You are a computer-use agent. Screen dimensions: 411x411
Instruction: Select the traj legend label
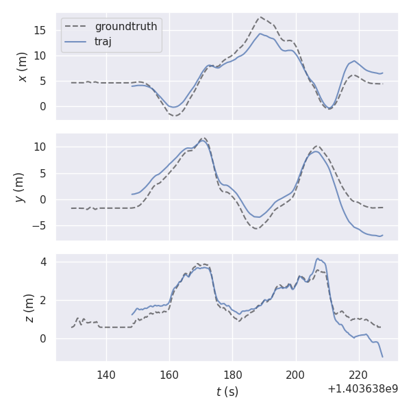[x=103, y=42]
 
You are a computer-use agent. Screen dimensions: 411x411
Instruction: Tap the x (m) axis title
[x=23, y=66]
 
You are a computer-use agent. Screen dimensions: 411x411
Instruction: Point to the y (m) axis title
[x=19, y=187]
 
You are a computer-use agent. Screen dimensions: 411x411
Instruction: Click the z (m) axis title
[x=29, y=308]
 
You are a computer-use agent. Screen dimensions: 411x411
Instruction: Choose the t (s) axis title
[x=227, y=392]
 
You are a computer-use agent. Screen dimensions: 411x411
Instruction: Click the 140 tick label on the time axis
[x=106, y=375]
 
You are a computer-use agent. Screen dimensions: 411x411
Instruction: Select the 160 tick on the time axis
[x=169, y=375]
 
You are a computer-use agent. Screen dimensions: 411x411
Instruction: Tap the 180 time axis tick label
[x=232, y=375]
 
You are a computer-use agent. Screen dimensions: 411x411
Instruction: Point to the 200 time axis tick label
[x=296, y=375]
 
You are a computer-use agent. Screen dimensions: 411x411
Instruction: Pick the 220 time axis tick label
[x=359, y=375]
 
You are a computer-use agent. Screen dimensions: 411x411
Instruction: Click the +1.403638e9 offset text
[x=362, y=389]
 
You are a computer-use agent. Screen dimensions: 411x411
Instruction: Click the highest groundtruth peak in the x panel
[x=260, y=17]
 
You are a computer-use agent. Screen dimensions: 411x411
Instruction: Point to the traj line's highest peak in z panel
[x=318, y=258]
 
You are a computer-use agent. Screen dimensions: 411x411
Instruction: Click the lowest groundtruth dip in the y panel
[x=256, y=228]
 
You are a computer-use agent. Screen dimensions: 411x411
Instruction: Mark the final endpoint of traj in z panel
[x=382, y=357]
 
